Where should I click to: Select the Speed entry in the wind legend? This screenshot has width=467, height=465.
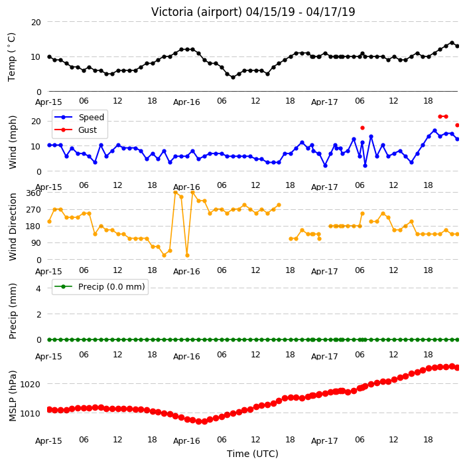pos(79,117)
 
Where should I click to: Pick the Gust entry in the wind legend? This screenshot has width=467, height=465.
pos(76,130)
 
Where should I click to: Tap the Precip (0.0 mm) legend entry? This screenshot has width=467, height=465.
pos(100,286)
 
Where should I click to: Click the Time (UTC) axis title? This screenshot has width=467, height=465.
pos(253,453)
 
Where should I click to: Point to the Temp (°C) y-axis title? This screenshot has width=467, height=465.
pos(11,56)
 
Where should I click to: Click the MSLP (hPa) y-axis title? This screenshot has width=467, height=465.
pos(12,396)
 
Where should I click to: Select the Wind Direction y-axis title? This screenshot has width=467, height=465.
pos(13,227)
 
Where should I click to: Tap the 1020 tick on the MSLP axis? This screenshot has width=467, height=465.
pos(30,384)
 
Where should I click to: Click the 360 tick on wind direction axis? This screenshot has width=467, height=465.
pos(33,193)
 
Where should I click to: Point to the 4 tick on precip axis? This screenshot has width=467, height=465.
pos(38,288)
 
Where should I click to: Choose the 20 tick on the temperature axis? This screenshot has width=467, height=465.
pos(36,22)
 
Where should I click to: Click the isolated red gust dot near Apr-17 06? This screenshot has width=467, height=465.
pos(362,128)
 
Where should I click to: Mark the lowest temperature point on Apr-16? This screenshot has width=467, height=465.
pos(233,78)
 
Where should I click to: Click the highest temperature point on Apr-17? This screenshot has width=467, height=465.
pos(452,43)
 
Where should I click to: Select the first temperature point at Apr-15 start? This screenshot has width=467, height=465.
pos(50,56)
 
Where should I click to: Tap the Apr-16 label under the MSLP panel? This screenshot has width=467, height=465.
pos(186,441)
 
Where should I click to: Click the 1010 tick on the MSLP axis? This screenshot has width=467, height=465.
pos(30,413)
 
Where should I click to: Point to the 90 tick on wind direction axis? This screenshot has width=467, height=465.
pos(36,242)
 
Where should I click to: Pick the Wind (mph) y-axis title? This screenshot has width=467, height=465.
pos(13,142)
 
